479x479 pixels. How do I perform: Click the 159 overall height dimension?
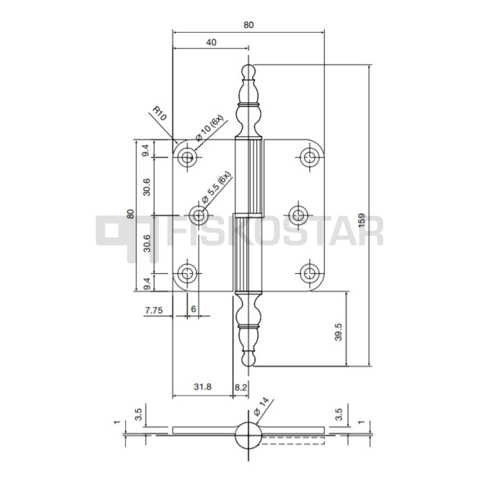pyautogui.click(x=361, y=220)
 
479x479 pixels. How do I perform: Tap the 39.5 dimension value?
pyautogui.click(x=338, y=332)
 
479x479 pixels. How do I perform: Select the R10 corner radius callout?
pyautogui.click(x=160, y=113)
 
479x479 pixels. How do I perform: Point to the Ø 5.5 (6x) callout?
pyautogui.click(x=216, y=187)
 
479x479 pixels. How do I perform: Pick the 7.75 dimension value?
pyautogui.click(x=154, y=310)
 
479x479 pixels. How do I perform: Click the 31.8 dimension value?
pyautogui.click(x=203, y=387)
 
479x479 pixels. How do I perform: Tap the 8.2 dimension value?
pyautogui.click(x=241, y=387)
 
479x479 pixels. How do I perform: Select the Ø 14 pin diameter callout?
pyautogui.click(x=261, y=406)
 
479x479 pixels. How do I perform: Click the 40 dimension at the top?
pyautogui.click(x=211, y=42)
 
